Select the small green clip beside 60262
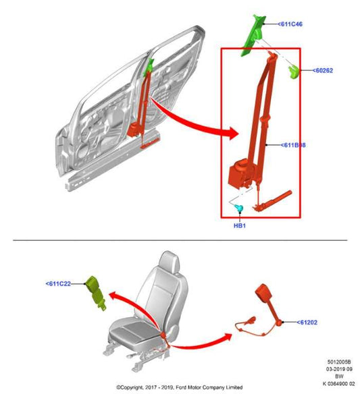tap(295, 72)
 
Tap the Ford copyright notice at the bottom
tap(180, 388)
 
